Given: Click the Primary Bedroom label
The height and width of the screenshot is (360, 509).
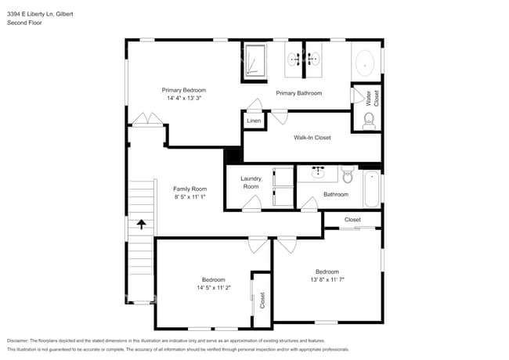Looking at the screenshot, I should pos(184,91).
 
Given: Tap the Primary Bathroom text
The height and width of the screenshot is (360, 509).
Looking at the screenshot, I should pos(298,93).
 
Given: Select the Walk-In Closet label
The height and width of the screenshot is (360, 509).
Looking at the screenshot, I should pos(312,138).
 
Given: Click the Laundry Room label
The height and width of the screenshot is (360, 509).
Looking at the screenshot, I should pos(251,182).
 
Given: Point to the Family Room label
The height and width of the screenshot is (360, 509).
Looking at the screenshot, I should pos(190,189).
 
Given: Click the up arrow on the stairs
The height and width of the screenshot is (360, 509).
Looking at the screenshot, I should pos(142,225).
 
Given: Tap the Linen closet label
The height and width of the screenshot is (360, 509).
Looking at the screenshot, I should pos(254,121).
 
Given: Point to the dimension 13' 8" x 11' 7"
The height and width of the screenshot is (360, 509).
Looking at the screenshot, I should pos(327,279).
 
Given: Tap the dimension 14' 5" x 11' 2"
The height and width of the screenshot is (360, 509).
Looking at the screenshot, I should pos(214,287).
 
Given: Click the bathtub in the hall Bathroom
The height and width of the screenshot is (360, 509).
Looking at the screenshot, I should pos(371,189).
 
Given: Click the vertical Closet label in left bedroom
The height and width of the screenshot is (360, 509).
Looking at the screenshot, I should pos(262,300).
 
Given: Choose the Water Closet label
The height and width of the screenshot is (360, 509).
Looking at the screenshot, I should pos(372,98).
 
